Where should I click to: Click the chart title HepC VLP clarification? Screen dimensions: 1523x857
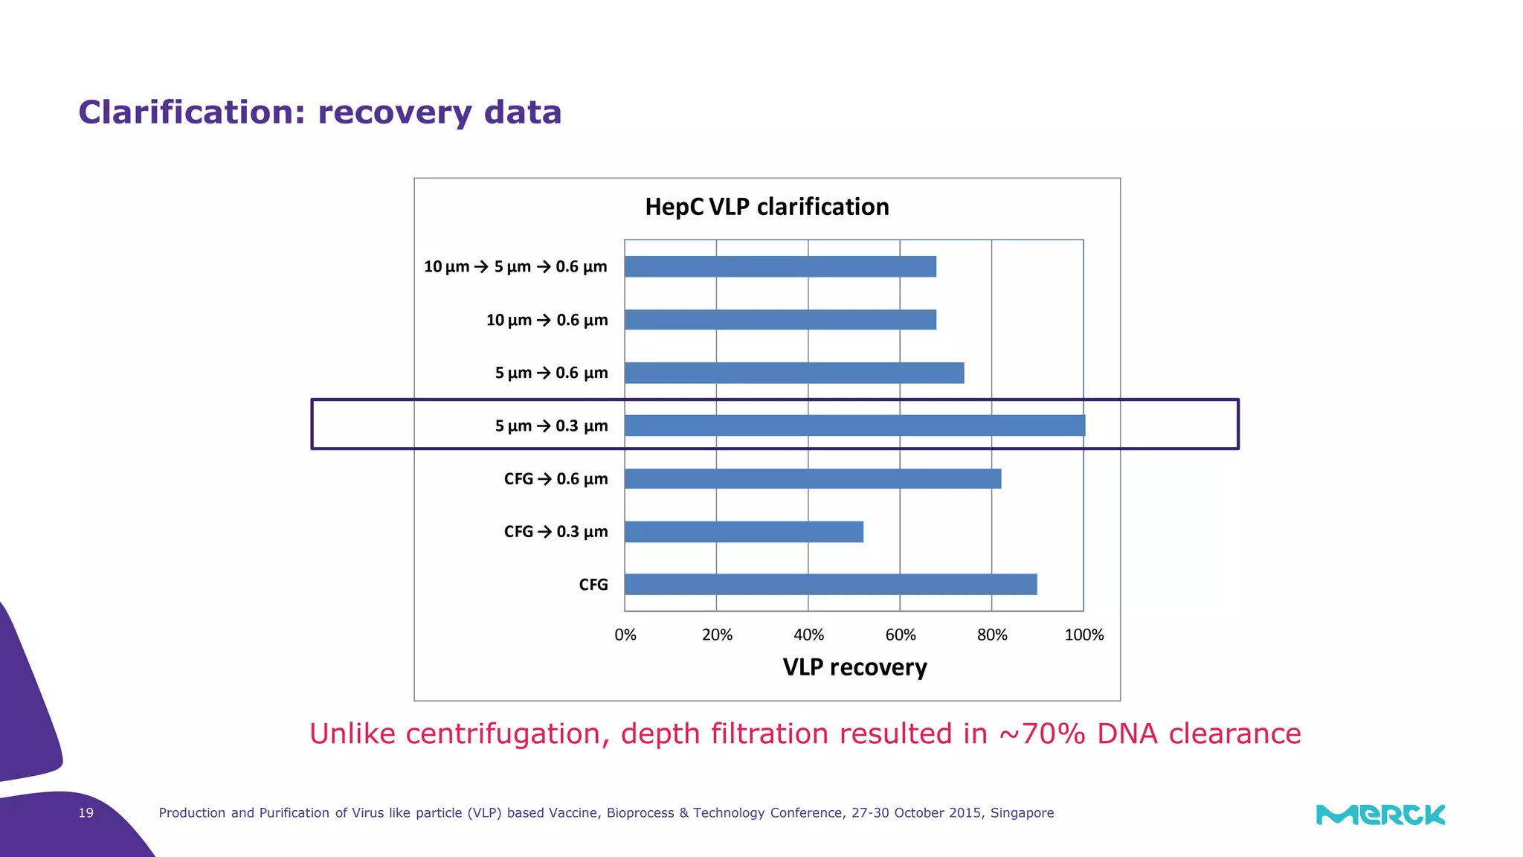767,207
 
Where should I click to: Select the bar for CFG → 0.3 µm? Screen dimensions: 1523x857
744,532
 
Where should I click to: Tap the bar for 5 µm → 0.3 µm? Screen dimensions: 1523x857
854,426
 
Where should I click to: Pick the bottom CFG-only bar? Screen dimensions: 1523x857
831,585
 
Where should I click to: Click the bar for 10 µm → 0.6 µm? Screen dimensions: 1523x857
780,320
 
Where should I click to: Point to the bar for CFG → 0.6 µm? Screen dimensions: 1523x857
813,479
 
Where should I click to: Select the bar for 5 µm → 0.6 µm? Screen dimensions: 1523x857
794,373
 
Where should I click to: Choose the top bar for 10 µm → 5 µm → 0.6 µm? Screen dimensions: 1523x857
780,266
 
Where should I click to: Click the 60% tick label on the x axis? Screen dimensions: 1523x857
900,635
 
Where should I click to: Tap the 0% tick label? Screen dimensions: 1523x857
625,635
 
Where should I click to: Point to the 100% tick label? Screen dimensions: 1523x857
1084,635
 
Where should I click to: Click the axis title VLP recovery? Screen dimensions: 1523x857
854,667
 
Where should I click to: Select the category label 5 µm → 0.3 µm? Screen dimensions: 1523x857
551,426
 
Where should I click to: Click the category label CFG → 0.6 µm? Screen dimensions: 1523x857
556,479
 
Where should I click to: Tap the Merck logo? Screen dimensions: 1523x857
1380,815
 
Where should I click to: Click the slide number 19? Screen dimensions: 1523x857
86,813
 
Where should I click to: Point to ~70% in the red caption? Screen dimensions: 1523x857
1042,734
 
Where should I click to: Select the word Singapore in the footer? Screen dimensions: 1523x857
1022,813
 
